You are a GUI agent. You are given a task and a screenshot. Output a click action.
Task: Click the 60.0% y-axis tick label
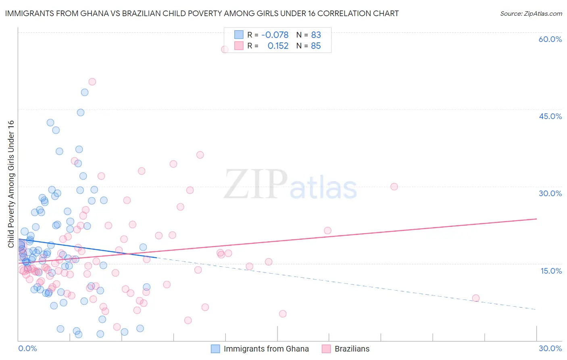coord(550,39)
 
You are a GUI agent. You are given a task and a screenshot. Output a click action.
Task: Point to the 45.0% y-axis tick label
coord(550,116)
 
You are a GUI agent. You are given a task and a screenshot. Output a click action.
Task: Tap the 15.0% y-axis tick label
coord(551,271)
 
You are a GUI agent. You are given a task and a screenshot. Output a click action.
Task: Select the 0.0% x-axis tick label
coord(27,349)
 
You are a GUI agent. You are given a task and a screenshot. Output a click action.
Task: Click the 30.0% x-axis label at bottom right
coord(550,349)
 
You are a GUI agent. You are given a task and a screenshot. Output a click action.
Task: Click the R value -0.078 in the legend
coord(275,35)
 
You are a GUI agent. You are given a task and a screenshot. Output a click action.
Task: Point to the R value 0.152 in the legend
coord(278,46)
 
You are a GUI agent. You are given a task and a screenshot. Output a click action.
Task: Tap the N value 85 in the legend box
coord(316,46)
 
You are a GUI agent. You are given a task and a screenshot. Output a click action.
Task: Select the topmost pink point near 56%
coord(225,49)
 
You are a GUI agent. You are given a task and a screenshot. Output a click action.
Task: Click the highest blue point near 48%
coord(85,92)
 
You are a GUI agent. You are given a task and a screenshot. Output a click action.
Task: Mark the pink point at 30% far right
coord(394,186)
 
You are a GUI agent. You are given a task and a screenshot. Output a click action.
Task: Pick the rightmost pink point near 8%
coord(475,298)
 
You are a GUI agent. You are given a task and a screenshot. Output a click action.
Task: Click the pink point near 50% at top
coord(92,82)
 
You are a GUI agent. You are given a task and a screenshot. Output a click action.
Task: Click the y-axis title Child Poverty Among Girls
coord(11,184)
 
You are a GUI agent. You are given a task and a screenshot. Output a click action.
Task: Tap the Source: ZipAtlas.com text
coord(531,14)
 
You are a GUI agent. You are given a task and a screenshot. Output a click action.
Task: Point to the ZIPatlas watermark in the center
coord(290,185)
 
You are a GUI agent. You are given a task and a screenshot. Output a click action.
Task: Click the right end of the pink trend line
coord(536,219)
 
